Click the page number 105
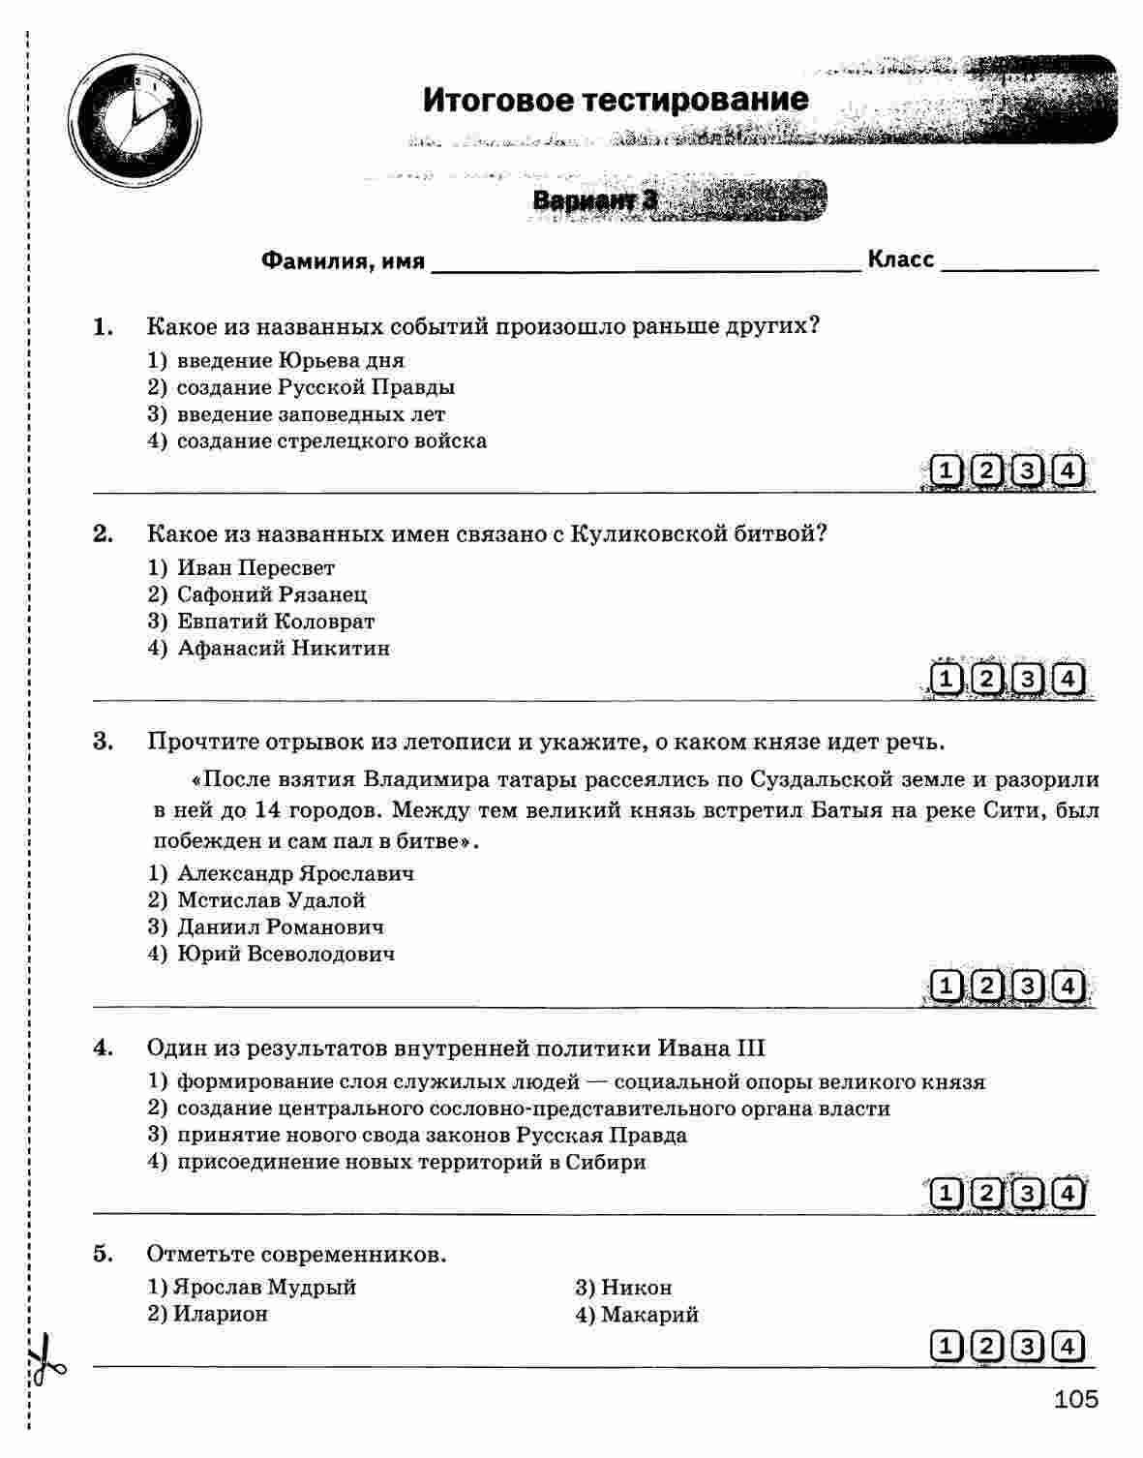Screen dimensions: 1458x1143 [1076, 1399]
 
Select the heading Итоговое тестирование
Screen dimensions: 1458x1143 [615, 100]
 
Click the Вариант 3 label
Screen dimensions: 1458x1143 [594, 200]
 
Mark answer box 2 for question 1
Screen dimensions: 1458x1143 [985, 471]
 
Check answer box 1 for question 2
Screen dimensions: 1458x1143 [946, 680]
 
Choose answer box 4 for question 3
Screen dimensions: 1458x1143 [1067, 987]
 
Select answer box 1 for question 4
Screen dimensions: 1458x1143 [946, 1194]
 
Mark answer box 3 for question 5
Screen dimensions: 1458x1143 [1027, 1347]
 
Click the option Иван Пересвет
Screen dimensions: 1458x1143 [256, 567]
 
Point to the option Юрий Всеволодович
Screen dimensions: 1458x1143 [286, 954]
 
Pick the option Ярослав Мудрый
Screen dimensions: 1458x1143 [264, 1287]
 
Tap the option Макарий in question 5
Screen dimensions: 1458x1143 [648, 1314]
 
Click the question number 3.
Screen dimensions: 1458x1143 [103, 742]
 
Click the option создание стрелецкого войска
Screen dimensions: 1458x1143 [331, 440]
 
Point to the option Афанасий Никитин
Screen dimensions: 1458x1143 [283, 648]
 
